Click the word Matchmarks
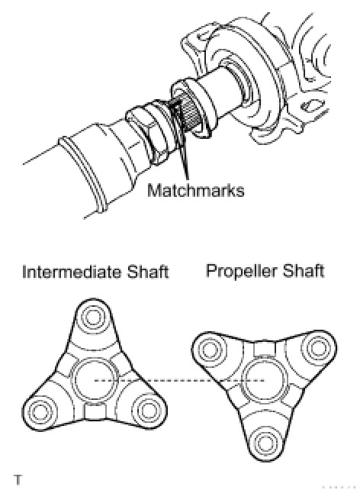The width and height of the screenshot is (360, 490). [195, 190]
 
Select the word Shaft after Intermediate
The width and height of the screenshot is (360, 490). [148, 272]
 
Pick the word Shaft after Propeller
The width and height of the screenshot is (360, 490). [303, 270]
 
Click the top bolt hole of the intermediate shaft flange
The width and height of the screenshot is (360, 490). [93, 317]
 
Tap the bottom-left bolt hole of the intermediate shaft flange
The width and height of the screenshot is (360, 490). [40, 411]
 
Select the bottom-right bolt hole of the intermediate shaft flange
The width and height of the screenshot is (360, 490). [146, 410]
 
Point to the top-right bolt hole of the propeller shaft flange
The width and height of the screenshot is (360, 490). [317, 348]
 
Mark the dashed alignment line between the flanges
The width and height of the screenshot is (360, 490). [179, 380]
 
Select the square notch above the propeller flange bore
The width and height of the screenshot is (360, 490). [264, 349]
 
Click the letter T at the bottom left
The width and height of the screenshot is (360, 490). [18, 479]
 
